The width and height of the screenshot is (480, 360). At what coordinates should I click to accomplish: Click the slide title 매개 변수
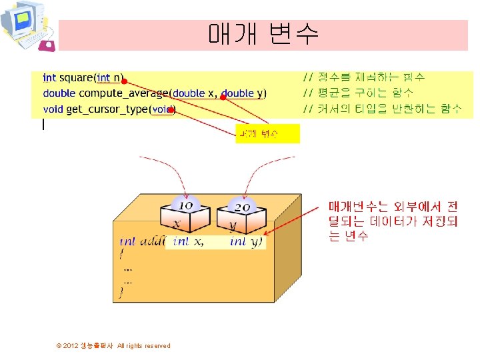tap(263, 33)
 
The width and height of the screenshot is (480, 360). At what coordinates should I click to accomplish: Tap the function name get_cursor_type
tap(107, 109)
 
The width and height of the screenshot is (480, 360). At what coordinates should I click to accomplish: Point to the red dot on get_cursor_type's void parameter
tap(170, 109)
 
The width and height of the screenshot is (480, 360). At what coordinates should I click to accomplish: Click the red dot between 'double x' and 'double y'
tap(223, 97)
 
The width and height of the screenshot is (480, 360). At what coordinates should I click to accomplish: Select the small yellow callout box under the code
tap(267, 133)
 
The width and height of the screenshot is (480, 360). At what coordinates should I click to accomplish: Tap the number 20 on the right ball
tap(241, 207)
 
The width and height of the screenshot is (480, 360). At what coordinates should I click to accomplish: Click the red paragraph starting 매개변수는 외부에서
tap(393, 220)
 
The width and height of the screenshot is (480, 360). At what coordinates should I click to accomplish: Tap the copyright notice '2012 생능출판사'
tap(113, 345)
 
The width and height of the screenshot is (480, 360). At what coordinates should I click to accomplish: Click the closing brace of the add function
tap(121, 291)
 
